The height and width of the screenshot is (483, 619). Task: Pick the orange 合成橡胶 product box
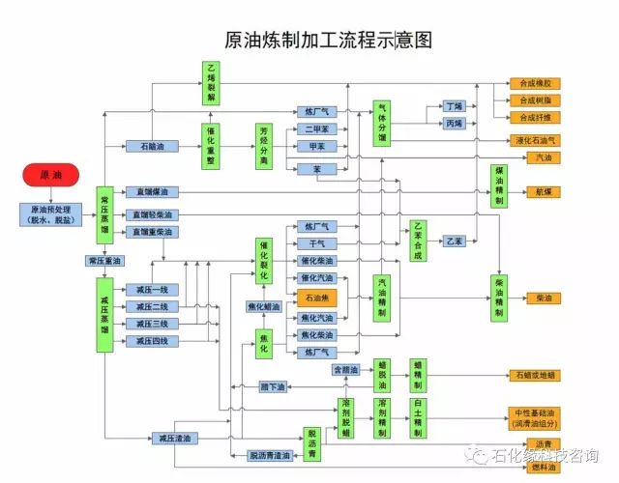click(535, 84)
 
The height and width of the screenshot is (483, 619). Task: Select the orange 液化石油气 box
click(535, 140)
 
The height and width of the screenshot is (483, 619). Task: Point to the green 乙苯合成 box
click(418, 238)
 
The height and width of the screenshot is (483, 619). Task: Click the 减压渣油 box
click(175, 438)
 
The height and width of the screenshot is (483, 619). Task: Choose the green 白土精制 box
click(418, 417)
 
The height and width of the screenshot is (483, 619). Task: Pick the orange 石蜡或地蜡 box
click(535, 375)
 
